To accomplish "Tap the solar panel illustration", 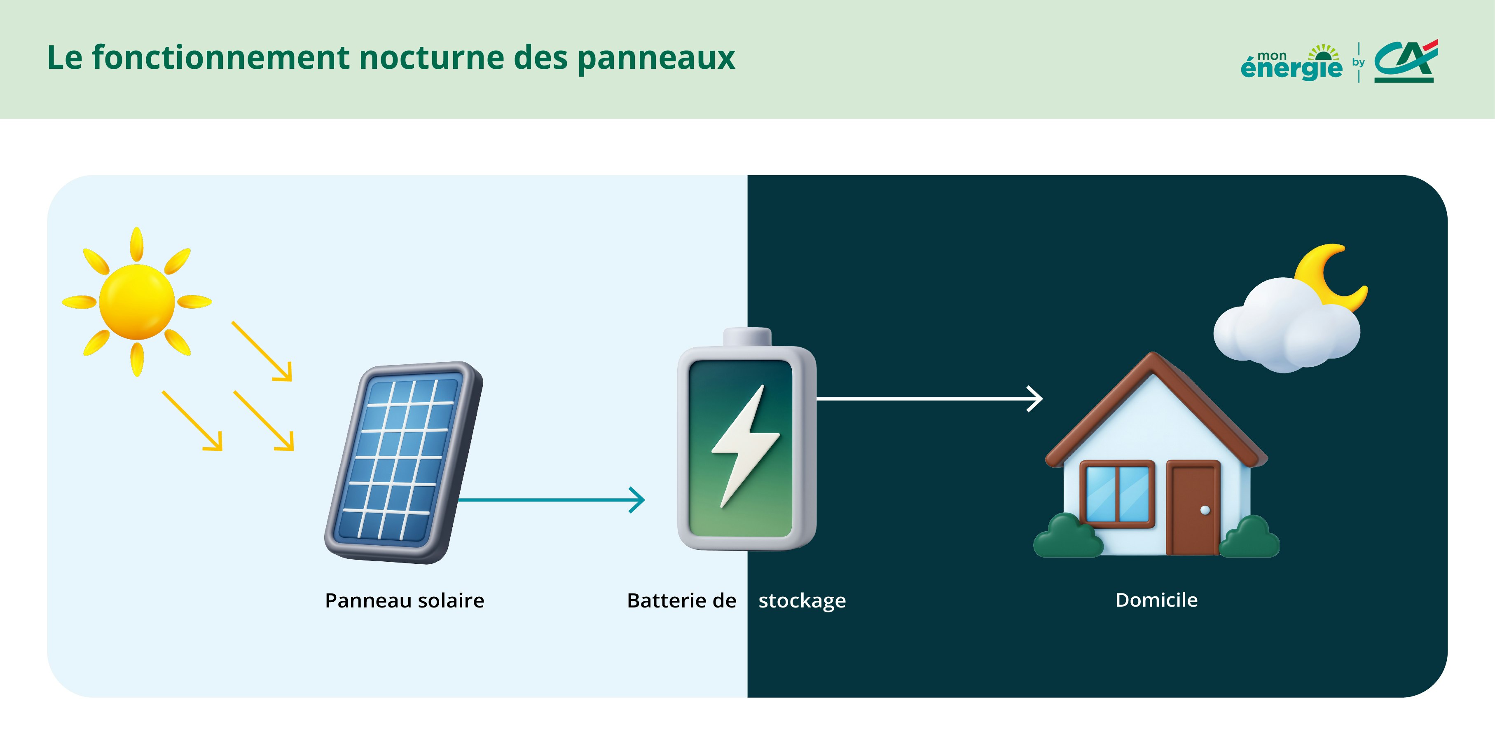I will pyautogui.click(x=403, y=462).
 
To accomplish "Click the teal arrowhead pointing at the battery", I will pyautogui.click(x=639, y=499).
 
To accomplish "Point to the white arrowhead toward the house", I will pyautogui.click(x=1036, y=399).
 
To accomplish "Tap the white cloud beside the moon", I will pyautogui.click(x=1285, y=328).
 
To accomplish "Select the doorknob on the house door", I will pyautogui.click(x=1205, y=510).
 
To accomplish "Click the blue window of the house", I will pyautogui.click(x=1117, y=494).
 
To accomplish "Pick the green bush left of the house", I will pyautogui.click(x=1067, y=537).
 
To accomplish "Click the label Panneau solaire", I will pyautogui.click(x=405, y=600).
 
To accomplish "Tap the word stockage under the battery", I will pyautogui.click(x=802, y=600).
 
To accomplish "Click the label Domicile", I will pyautogui.click(x=1156, y=600).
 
